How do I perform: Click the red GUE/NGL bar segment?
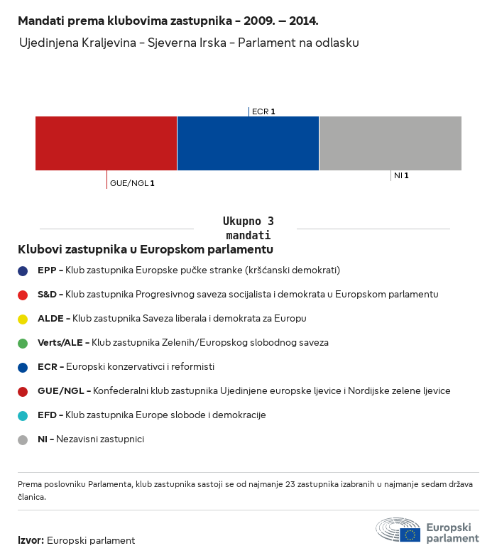(x=106, y=143)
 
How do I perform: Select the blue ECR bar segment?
(x=248, y=143)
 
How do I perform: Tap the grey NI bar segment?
(x=390, y=143)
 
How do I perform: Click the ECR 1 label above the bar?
(x=263, y=111)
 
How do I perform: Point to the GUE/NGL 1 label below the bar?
(x=132, y=183)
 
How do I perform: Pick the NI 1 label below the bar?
(x=401, y=175)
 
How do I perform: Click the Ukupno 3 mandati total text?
(x=248, y=228)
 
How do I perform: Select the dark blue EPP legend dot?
(x=23, y=270)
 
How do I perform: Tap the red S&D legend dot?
(x=23, y=295)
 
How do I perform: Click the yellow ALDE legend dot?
(x=23, y=319)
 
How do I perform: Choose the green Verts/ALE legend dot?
(x=23, y=343)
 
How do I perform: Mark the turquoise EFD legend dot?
(x=23, y=415)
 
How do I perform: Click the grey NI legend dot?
(x=23, y=439)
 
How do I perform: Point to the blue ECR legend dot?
(x=23, y=367)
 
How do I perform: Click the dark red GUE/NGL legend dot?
(x=23, y=391)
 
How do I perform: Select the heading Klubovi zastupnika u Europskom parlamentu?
(x=146, y=249)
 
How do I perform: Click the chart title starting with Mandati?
(x=168, y=21)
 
